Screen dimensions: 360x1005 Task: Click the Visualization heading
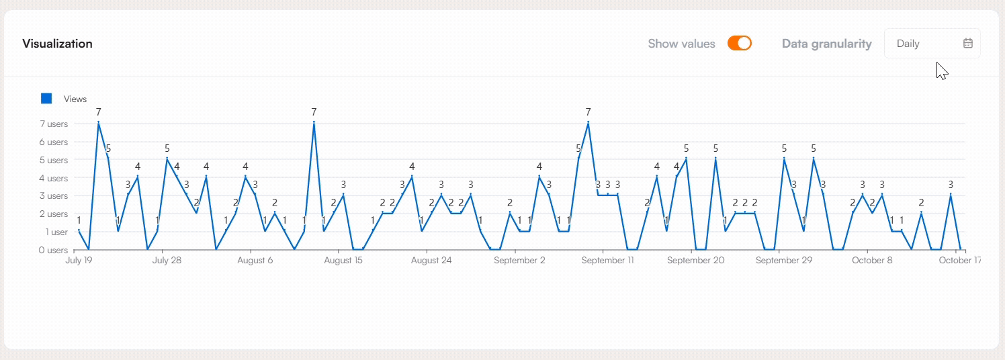click(57, 44)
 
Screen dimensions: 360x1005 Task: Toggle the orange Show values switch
click(739, 44)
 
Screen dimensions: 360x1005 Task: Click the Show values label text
click(681, 44)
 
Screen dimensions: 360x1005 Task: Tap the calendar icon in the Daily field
click(967, 44)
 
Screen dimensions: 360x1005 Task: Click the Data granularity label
click(826, 44)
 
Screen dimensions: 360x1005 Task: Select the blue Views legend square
click(46, 99)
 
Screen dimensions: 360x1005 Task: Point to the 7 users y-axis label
click(53, 124)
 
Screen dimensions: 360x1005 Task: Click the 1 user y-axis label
click(56, 232)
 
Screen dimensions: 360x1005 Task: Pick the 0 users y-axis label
click(53, 250)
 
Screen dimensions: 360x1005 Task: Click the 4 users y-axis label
click(53, 178)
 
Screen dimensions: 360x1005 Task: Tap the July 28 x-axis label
click(167, 261)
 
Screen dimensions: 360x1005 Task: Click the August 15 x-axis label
click(343, 261)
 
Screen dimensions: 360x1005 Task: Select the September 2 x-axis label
click(519, 261)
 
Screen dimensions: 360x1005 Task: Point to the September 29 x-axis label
click(783, 261)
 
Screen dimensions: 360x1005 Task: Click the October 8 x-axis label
click(872, 261)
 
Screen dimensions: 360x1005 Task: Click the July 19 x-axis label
click(79, 261)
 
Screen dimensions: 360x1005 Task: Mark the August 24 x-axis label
click(431, 261)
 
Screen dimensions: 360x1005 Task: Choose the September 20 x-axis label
click(695, 261)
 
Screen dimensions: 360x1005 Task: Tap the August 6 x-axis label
click(255, 261)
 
